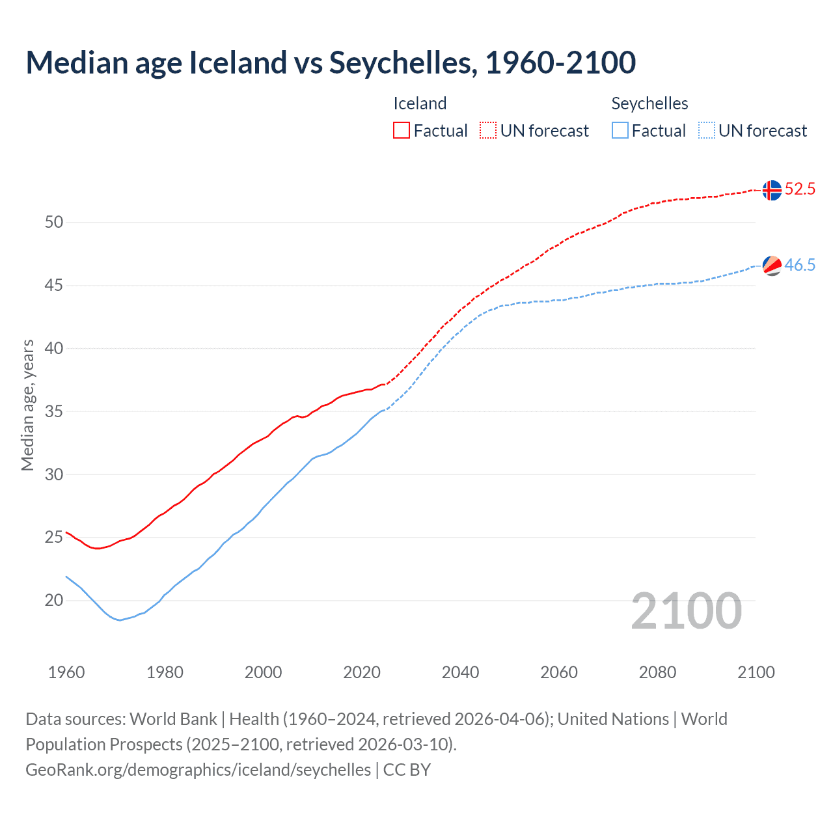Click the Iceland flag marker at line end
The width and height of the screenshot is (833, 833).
pos(772,190)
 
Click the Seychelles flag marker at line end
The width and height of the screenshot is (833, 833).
pos(772,266)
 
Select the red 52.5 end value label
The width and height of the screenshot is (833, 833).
pos(800,189)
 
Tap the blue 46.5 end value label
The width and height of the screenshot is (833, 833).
pos(800,265)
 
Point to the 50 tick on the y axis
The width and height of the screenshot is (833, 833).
pos(54,222)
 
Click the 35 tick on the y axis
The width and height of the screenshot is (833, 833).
pos(54,411)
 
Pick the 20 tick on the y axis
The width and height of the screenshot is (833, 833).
pos(54,600)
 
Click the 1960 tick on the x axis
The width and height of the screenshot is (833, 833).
pos(66,672)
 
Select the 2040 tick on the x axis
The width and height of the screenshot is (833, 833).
pos(460,672)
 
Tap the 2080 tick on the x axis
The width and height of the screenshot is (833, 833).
pos(657,672)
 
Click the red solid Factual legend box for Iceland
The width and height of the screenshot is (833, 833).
pos(402,131)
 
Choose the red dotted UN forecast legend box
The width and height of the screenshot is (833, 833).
pos(488,131)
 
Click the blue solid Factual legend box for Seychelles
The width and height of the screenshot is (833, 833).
pos(620,131)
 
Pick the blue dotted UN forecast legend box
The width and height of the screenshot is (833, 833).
pos(706,131)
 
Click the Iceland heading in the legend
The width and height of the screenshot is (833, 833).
pos(420,103)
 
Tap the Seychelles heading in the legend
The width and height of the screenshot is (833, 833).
pos(649,103)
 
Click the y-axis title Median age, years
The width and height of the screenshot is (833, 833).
pos(27,405)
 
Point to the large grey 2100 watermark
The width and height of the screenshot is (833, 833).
pos(686,611)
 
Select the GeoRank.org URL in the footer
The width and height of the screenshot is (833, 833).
pos(198,770)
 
